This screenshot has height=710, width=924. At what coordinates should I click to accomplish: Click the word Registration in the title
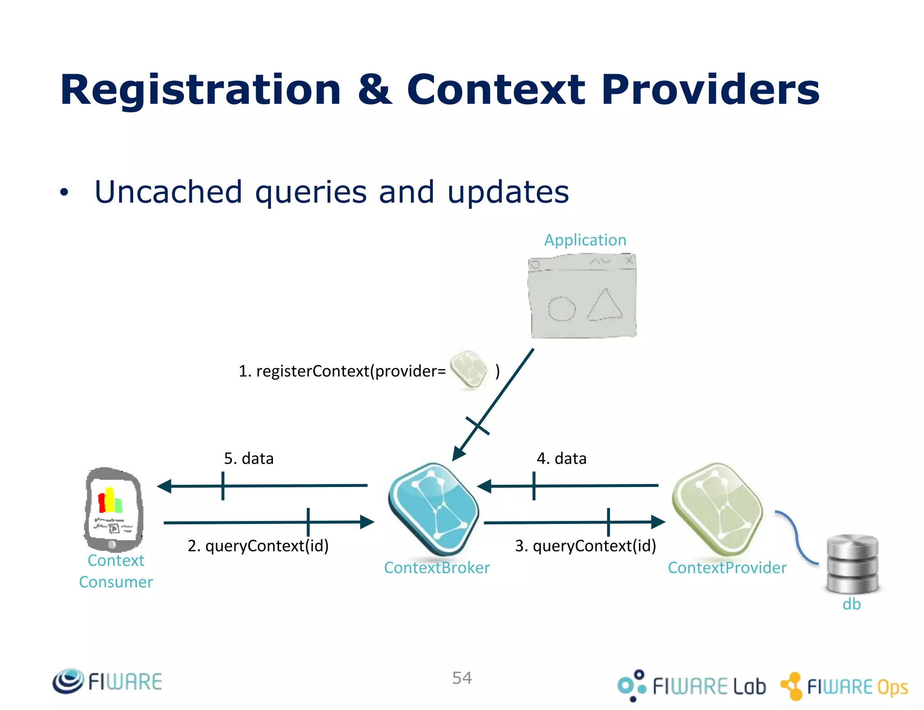click(200, 90)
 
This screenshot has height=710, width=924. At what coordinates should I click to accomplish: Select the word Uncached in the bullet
click(168, 192)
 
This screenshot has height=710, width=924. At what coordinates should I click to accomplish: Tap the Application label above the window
click(585, 240)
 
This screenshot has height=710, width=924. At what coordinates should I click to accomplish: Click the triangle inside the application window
click(605, 306)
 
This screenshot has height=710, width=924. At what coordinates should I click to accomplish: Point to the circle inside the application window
click(561, 309)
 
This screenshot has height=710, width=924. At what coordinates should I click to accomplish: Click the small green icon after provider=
click(469, 370)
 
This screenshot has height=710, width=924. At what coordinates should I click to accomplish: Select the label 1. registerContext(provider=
click(342, 371)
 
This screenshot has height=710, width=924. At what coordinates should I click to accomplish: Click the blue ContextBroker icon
click(434, 508)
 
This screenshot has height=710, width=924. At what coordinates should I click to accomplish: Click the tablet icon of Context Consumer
click(114, 509)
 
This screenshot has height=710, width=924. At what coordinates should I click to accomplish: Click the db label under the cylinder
click(851, 604)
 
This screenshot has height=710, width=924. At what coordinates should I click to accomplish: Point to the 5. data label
click(249, 459)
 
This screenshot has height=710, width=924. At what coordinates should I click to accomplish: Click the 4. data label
click(561, 459)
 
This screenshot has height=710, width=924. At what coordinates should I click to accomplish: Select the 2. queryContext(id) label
click(258, 546)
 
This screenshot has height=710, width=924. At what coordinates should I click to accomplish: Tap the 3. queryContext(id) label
click(585, 546)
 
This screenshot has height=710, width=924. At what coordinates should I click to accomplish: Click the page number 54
click(462, 678)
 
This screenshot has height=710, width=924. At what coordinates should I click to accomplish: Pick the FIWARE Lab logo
click(692, 686)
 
